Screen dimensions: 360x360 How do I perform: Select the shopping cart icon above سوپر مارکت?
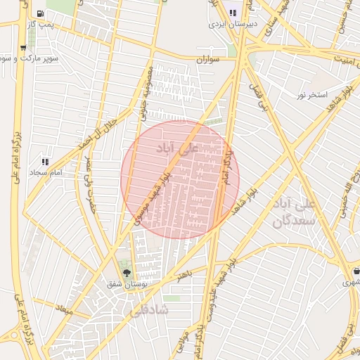23,49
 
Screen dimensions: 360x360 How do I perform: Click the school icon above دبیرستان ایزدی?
233,13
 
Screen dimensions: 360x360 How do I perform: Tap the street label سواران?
208,60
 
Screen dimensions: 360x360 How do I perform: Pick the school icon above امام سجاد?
46,162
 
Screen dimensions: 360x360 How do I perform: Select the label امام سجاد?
46,172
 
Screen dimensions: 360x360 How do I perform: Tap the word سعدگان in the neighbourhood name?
290,221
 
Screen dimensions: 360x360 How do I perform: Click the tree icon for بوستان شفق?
127,273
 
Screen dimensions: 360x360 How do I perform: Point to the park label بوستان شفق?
127,284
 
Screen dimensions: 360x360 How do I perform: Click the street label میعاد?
65,310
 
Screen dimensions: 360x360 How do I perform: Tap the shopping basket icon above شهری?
356,271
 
